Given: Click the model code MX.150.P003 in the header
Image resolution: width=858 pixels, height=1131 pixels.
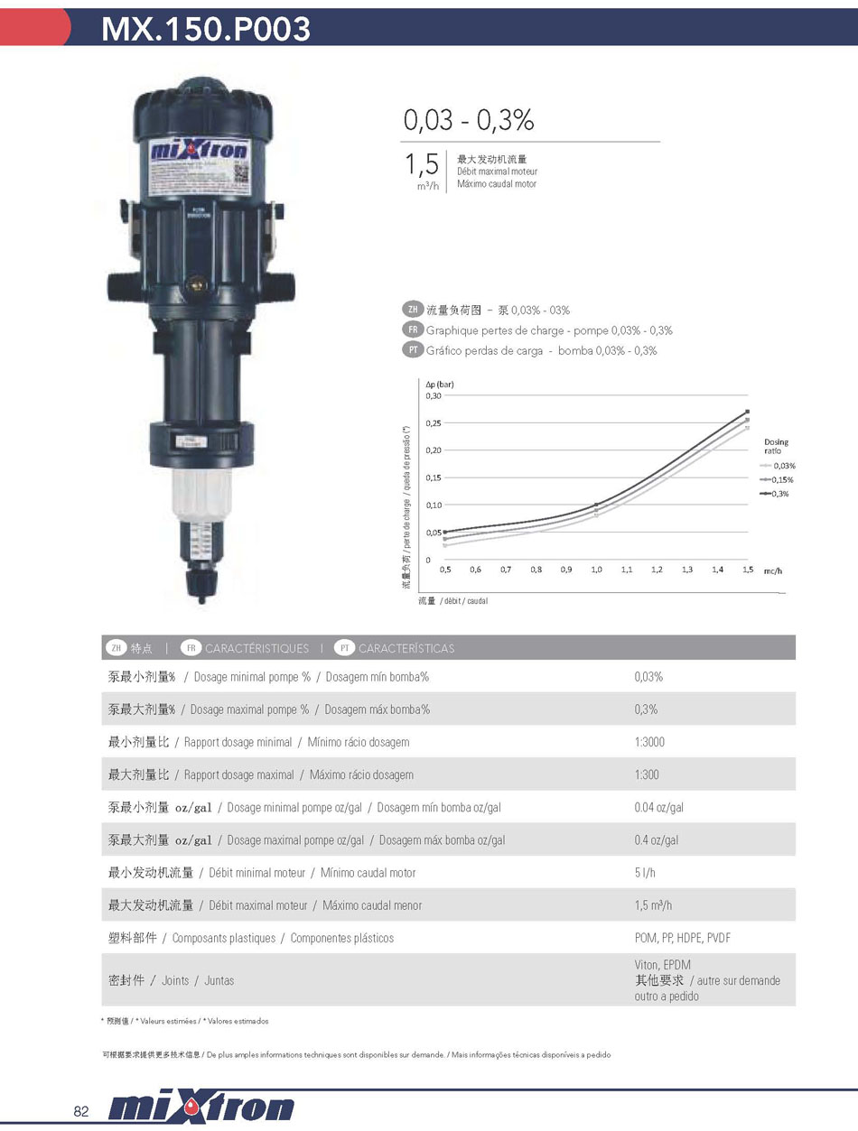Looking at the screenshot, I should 206,29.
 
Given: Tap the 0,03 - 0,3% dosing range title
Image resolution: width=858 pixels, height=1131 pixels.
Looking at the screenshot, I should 469,120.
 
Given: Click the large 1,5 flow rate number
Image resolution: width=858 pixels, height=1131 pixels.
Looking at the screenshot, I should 421,164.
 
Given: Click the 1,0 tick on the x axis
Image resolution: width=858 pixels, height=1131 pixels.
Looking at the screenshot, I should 596,570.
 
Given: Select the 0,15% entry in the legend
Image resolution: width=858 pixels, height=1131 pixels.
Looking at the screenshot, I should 782,479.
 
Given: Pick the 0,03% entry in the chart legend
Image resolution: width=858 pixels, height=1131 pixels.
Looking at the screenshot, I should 782,466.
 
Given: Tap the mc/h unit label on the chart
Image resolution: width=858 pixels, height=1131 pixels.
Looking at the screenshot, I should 772,571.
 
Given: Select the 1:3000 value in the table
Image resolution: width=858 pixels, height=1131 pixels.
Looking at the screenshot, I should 649,742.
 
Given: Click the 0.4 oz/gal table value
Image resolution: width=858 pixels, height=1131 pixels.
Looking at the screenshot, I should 656,840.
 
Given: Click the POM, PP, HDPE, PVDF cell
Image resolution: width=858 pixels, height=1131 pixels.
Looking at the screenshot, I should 682,938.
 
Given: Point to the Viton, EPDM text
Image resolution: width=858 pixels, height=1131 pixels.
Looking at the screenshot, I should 662,965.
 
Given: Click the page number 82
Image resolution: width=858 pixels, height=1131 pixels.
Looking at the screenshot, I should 81,1111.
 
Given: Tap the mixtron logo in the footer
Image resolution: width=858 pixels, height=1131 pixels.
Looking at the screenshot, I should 201,1108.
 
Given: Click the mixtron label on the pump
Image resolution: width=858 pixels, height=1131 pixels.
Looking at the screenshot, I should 198,150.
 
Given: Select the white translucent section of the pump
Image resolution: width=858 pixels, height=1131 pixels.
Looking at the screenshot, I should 201,493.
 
